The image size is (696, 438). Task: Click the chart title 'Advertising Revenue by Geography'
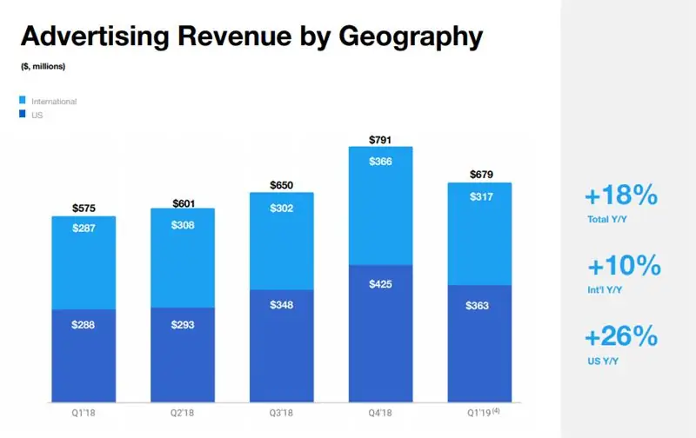pos(251,36)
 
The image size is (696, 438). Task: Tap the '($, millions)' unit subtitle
pos(43,65)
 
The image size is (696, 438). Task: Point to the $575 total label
pos(84,208)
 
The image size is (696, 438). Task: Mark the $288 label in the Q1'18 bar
pos(84,324)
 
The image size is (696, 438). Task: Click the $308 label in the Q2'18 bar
pos(182,225)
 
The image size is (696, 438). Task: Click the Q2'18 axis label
pos(182,414)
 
